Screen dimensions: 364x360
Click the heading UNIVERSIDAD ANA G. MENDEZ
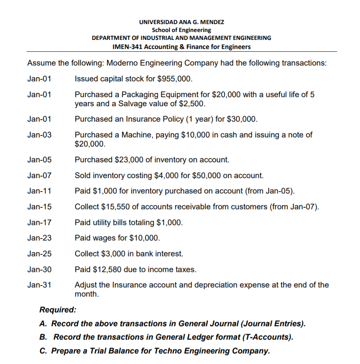point(181,22)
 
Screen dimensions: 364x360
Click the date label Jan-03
point(39,135)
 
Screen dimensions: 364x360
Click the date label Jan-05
point(39,160)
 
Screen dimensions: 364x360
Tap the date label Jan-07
point(39,175)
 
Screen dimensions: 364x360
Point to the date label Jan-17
point(39,222)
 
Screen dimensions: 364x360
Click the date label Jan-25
point(39,254)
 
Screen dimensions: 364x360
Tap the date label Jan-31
point(39,285)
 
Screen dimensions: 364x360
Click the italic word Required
point(58,310)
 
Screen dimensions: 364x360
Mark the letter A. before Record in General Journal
point(43,324)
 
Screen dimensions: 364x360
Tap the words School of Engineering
point(181,30)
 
